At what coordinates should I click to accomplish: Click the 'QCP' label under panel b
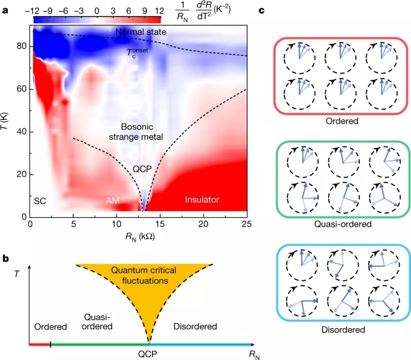click(x=149, y=355)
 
